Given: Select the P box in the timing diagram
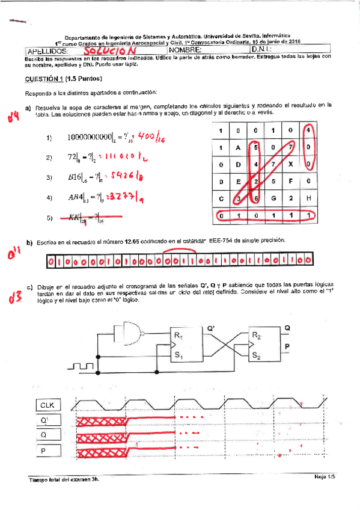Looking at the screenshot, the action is (47, 451).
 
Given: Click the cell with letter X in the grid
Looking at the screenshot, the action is (290, 164).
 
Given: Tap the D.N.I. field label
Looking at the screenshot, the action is (263, 51).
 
